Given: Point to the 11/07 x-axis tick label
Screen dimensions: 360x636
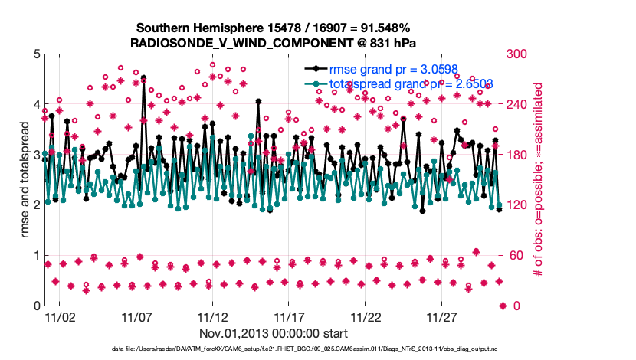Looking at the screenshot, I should (136, 317).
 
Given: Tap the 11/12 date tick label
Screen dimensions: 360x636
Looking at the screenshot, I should (212, 317).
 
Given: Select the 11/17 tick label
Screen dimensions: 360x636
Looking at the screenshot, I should (289, 317).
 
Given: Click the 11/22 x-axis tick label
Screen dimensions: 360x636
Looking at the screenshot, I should (366, 317).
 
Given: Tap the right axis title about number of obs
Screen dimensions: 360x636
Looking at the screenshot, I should (539, 180).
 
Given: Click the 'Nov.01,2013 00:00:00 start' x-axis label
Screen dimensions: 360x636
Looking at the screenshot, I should (274, 333).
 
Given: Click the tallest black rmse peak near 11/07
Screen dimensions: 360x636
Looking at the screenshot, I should (143, 78).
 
